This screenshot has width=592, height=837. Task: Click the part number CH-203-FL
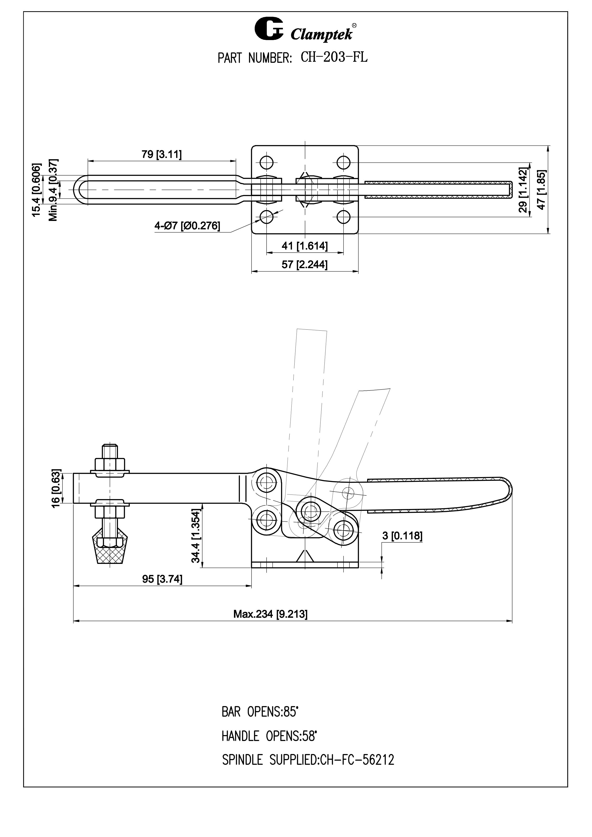click(334, 57)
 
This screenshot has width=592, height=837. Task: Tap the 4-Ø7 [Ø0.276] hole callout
click(187, 226)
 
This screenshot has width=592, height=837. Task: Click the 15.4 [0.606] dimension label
click(37, 190)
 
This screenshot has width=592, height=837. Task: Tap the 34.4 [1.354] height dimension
click(196, 535)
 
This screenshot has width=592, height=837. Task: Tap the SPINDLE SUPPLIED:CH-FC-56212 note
click(308, 760)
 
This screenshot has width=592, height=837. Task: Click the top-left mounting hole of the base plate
click(267, 162)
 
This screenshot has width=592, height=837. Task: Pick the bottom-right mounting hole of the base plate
click(344, 217)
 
